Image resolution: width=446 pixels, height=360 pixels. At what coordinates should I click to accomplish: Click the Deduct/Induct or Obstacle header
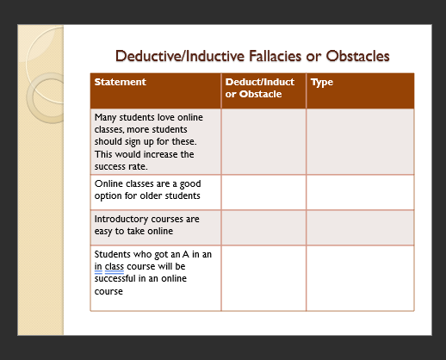pos(259,88)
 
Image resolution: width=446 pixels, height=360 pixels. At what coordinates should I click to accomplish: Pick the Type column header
pos(321,83)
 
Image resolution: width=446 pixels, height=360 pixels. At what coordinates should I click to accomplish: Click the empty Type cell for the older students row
pos(360,192)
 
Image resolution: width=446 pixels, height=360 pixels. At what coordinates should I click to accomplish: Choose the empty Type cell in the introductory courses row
pos(360,227)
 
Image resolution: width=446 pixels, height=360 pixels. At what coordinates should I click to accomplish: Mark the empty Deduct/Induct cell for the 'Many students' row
pos(263,141)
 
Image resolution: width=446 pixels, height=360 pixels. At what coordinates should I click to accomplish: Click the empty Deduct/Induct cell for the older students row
pos(263,192)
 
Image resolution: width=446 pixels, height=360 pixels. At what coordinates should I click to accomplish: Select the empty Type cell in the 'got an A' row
pos(360,277)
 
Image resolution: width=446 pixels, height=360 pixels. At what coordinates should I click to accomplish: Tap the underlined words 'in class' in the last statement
pos(111,266)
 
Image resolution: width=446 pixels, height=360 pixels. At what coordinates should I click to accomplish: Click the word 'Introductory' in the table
pos(121,219)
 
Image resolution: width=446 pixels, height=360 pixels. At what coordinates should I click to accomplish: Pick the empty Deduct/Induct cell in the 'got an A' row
pos(263,277)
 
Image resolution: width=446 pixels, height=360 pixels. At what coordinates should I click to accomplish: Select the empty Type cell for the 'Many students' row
pos(360,141)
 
